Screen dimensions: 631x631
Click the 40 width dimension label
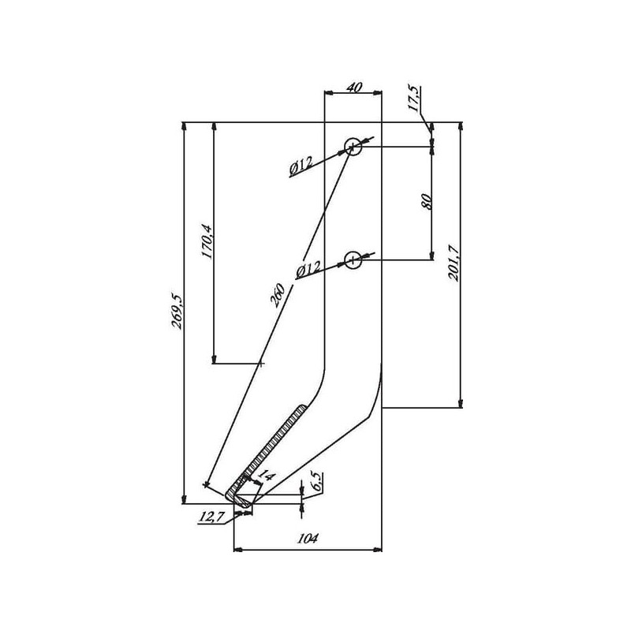[354, 88]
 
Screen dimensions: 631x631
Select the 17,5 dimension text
[414, 98]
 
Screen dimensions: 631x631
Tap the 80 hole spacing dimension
[427, 202]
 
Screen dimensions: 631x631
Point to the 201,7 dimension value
[454, 263]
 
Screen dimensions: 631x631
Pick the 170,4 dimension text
[207, 241]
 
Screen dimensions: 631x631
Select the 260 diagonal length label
[278, 295]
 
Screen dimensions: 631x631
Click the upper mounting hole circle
[353, 147]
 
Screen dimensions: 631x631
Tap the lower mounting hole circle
[353, 260]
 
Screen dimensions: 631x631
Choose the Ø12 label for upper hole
[301, 166]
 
